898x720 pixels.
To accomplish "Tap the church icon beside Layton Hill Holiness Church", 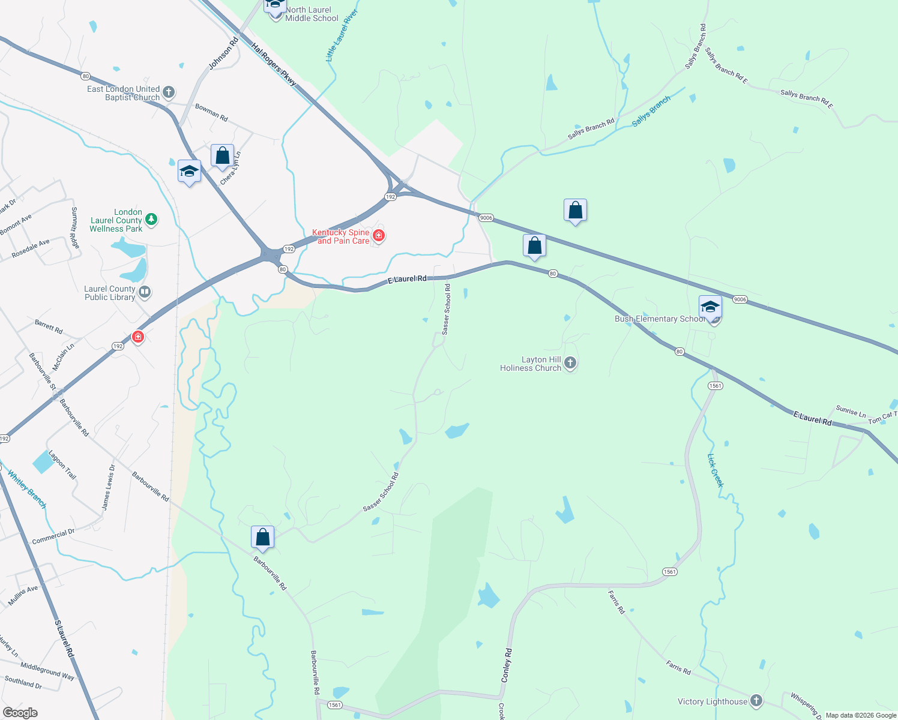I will pos(570,362).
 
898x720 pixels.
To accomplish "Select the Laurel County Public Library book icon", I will pos(144,292).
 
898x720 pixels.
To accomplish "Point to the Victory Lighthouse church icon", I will pos(756,700).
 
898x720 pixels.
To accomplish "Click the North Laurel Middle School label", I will pos(312,14).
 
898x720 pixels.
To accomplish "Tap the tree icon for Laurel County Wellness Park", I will pos(151,220).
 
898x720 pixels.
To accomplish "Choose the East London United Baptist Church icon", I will pos(169,92).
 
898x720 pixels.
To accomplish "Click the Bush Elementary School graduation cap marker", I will pos(710,307).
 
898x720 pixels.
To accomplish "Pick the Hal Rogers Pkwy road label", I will pos(274,64).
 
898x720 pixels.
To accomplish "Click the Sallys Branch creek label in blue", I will pos(651,112).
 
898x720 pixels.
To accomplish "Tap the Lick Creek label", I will pos(716,470).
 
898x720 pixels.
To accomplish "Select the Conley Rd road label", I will pos(507,665).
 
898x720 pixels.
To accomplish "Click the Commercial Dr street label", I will pos(53,536).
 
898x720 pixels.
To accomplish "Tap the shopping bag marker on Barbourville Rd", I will pos(262,537).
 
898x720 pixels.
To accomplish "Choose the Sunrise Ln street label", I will pos(851,411).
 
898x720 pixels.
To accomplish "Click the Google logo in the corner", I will pos(20,713).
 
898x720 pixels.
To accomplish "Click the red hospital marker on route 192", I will pos(138,337).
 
